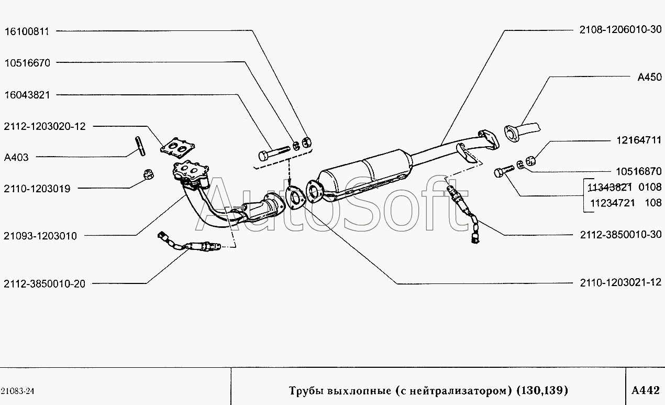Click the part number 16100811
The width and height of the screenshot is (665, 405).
27,31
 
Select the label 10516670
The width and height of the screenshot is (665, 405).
27,63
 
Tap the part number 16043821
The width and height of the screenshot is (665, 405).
27,95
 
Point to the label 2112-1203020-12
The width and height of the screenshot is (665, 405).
45,127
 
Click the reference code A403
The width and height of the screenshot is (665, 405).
16,157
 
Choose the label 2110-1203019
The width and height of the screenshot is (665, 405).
37,189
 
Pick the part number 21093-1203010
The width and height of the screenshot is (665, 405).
40,236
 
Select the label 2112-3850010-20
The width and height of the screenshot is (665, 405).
45,284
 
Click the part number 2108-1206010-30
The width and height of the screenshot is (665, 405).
621,30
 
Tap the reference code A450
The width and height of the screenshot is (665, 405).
650,77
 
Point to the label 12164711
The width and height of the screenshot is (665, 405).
639,140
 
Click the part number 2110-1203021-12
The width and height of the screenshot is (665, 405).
621,282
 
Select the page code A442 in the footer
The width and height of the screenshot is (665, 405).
646,390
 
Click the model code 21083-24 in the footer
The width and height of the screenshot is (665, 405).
17,391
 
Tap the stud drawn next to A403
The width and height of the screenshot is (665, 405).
140,146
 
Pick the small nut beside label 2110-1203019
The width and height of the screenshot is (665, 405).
148,174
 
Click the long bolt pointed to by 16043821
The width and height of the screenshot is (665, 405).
274,152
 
